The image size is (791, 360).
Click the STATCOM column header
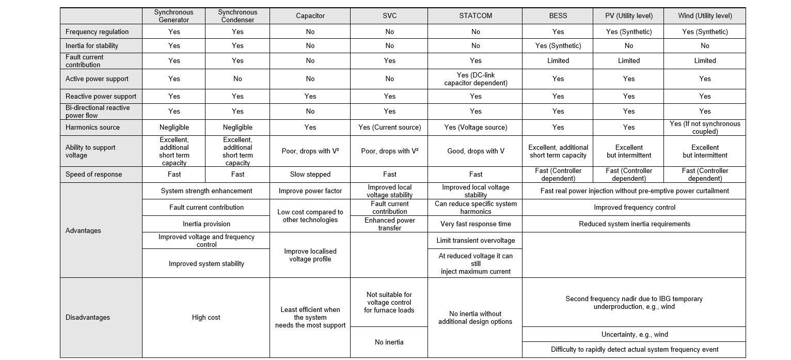coord(475,16)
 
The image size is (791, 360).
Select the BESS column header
coord(558,16)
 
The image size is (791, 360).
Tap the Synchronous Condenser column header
coord(238,16)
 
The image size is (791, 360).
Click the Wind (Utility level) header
coord(705,16)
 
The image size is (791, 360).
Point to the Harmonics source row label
coord(92,128)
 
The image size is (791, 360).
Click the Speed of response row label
coord(93,175)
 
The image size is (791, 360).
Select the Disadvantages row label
coord(87,318)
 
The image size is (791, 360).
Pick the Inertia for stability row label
coord(91,46)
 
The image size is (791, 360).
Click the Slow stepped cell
coord(310,175)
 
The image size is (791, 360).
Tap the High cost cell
coord(206,318)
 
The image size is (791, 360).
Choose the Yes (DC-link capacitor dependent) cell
coord(475,79)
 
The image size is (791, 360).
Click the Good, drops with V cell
coord(475,151)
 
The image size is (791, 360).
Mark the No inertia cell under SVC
coord(389,342)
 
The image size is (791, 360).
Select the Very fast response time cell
coord(475,224)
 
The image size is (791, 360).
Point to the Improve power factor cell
coord(310,191)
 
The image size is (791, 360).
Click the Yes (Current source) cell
coord(389,128)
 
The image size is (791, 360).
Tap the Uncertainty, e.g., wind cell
coord(634,335)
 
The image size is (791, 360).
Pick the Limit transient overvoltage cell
coord(475,241)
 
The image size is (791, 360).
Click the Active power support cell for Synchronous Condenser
coord(238,79)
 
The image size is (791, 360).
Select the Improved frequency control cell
coord(634,208)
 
